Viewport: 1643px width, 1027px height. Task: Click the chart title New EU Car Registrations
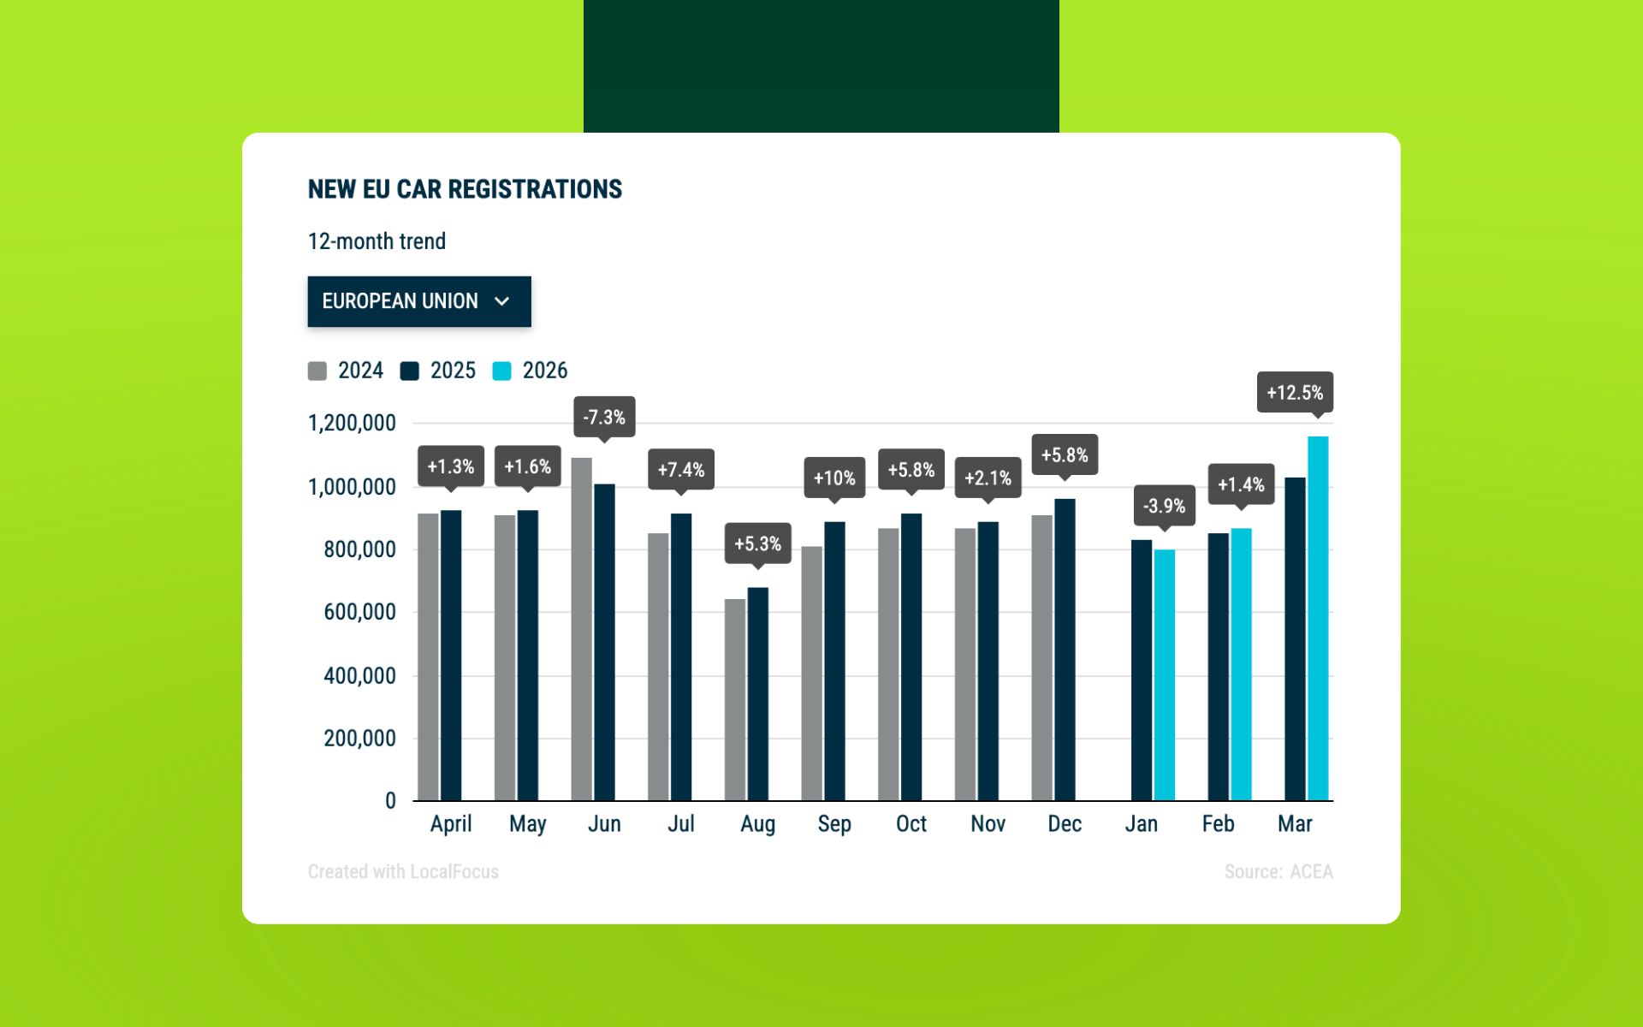tap(465, 189)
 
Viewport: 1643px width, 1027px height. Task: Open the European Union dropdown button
tap(418, 301)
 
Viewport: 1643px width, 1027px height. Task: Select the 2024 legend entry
tap(346, 371)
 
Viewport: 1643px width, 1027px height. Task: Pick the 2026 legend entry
tap(531, 371)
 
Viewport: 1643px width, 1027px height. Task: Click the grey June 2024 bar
tap(582, 629)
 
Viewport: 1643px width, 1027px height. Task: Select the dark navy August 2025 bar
tap(757, 693)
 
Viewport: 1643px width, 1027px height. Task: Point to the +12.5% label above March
tap(1295, 393)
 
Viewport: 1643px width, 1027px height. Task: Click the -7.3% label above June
tap(604, 418)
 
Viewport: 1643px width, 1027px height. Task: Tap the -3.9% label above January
tap(1164, 506)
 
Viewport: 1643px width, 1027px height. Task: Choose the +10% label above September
tap(834, 478)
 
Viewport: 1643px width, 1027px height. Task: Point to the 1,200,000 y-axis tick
tap(352, 423)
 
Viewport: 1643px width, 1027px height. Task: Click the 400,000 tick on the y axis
tap(359, 675)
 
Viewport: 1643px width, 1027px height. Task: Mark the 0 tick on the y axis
tap(390, 801)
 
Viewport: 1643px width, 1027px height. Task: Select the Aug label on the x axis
tap(757, 823)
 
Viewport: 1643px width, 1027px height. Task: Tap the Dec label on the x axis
tap(1065, 823)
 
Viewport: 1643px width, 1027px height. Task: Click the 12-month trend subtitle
tap(377, 241)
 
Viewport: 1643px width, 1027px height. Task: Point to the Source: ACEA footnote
tap(1278, 871)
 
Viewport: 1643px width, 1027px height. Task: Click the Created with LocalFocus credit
tap(403, 871)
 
